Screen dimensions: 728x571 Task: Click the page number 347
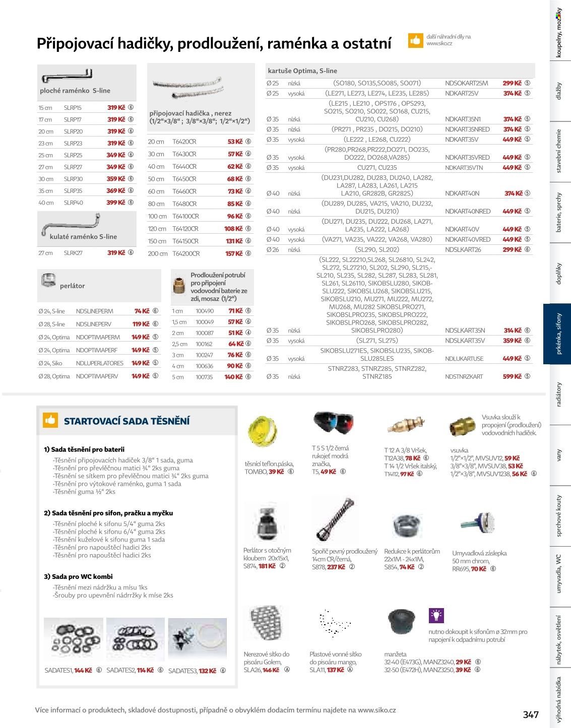click(531, 714)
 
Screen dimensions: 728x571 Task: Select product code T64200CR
click(186, 253)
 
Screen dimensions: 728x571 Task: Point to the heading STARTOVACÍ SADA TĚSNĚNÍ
click(126, 421)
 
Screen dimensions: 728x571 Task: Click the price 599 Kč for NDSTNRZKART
click(512, 376)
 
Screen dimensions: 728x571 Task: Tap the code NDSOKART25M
click(466, 83)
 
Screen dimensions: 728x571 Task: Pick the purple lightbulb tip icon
click(435, 615)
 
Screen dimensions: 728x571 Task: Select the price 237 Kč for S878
click(336, 567)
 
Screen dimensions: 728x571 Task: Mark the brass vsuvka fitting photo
click(461, 426)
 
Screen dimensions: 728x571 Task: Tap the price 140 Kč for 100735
click(234, 377)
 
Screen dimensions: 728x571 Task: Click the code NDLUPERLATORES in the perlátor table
click(99, 363)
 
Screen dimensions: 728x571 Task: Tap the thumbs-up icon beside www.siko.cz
click(415, 40)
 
